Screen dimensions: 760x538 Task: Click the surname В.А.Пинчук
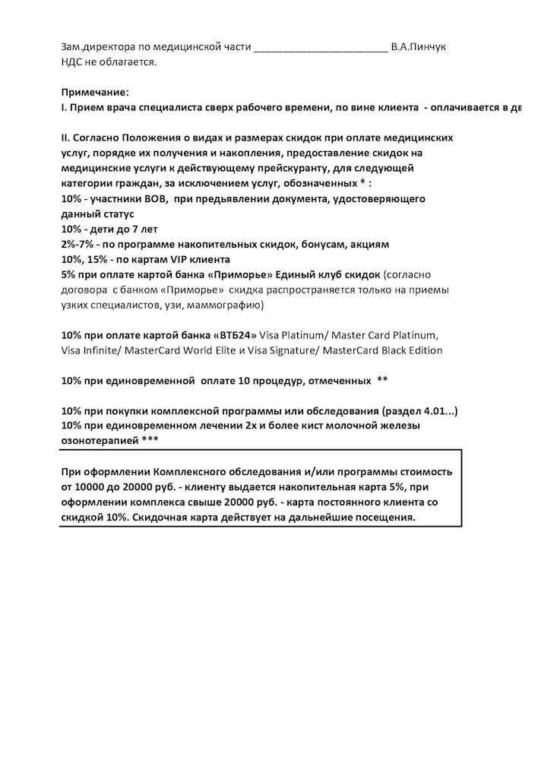[417, 47]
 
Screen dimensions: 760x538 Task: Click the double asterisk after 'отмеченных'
[382, 380]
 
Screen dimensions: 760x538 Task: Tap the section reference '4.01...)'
[436, 410]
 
